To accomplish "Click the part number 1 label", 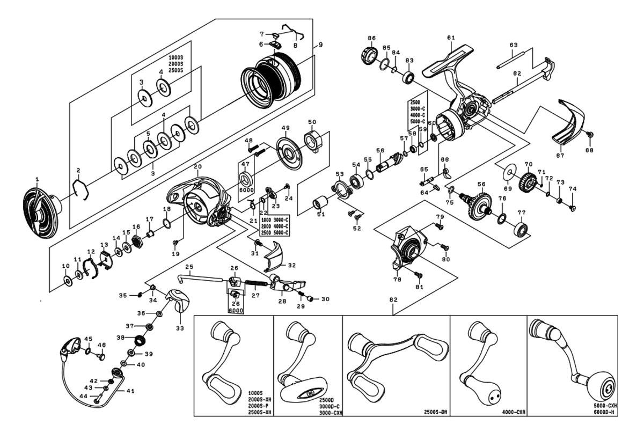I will click(x=37, y=180).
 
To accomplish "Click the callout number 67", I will click(x=560, y=156).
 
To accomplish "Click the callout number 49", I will click(x=286, y=128).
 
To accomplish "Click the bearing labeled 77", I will click(x=521, y=229).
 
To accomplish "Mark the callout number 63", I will click(x=513, y=46).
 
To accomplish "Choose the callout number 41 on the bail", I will click(x=130, y=391).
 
